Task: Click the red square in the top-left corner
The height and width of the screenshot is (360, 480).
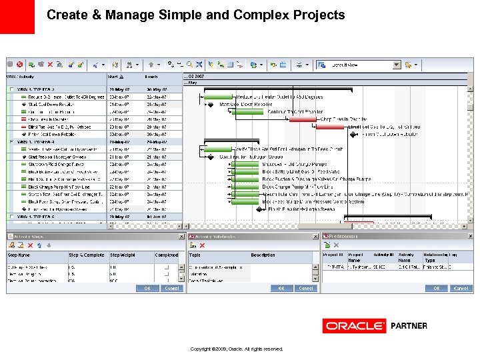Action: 17,17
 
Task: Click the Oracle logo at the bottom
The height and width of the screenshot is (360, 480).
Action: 354,326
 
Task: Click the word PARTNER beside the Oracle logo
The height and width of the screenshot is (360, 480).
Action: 409,326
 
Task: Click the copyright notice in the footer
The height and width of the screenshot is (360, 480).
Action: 237,349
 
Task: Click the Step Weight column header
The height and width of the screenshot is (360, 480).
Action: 123,255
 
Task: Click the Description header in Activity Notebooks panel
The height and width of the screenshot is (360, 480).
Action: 263,255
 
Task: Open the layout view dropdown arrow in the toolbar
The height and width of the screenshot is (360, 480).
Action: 397,65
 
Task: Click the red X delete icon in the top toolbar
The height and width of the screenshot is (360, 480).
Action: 19,65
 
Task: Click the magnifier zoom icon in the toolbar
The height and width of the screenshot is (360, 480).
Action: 189,65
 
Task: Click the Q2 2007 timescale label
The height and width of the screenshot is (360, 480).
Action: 196,77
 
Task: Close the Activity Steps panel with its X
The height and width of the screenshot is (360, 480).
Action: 180,236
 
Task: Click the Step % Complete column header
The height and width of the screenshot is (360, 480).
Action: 86,255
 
